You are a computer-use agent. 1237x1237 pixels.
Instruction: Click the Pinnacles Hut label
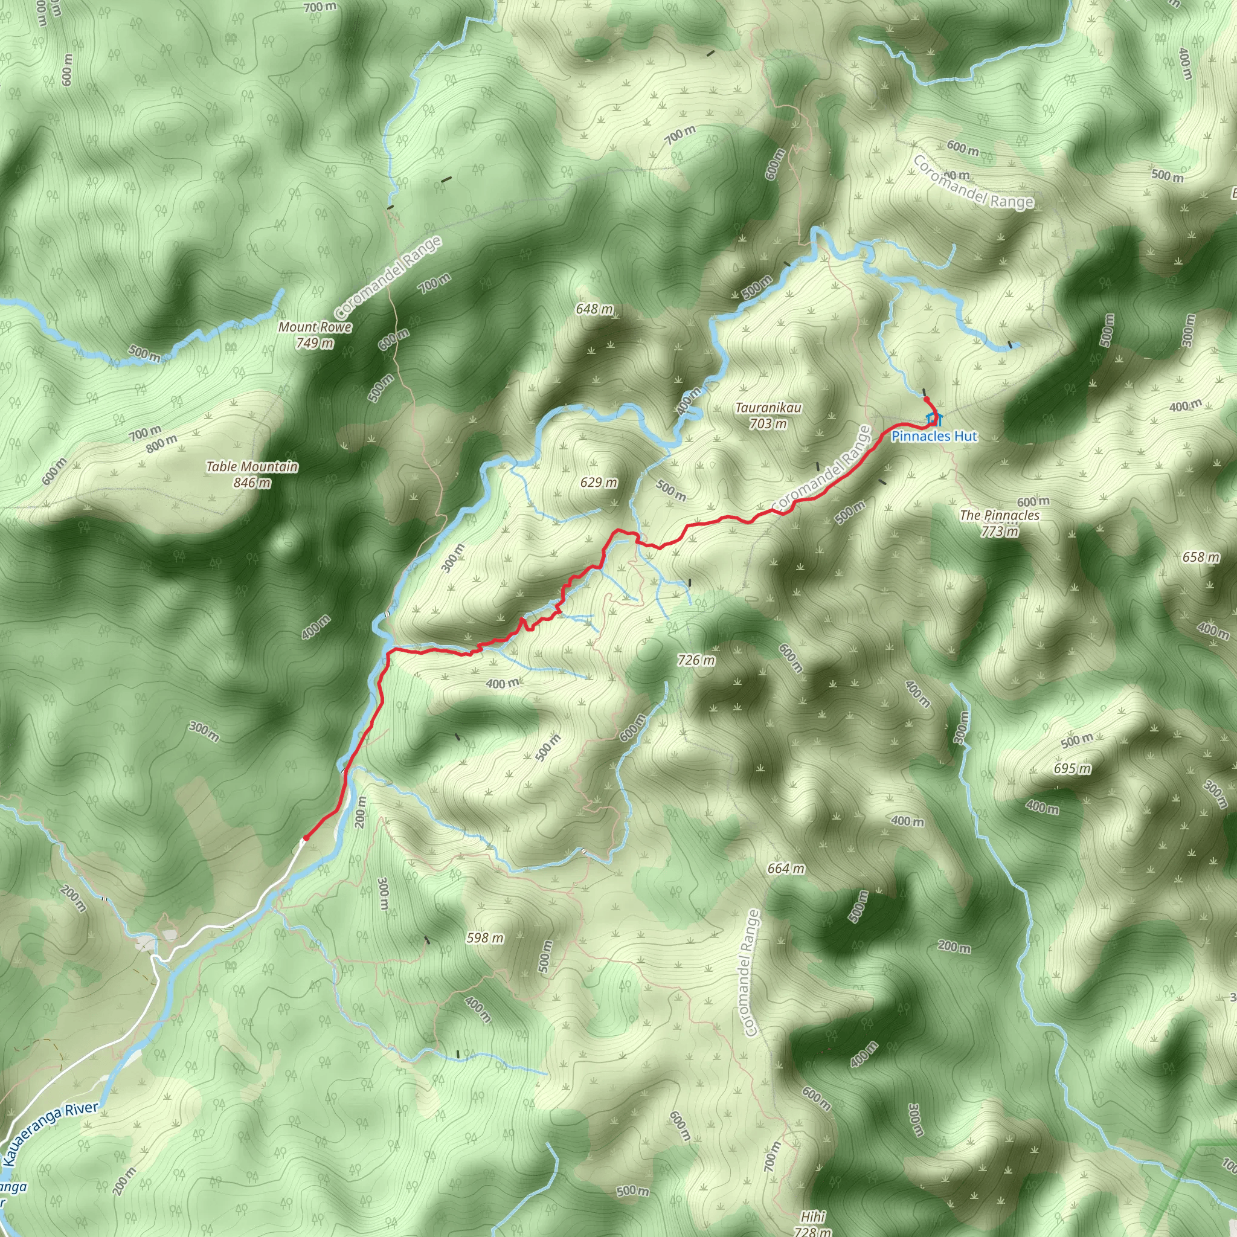(x=934, y=437)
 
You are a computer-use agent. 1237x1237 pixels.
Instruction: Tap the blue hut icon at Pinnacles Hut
(x=934, y=419)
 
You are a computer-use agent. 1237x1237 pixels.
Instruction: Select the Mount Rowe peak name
(x=315, y=327)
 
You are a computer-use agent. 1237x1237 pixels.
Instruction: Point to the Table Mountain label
(x=252, y=467)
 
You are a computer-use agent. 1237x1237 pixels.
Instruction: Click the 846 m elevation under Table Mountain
(x=252, y=483)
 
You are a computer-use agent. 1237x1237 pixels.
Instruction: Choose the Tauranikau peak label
(x=768, y=408)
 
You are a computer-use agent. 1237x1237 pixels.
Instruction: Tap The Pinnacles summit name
(x=1000, y=515)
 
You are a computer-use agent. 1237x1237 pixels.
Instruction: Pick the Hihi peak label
(x=812, y=1216)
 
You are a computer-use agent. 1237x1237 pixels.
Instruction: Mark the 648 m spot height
(x=594, y=309)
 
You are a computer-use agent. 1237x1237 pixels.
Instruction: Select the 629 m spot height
(x=599, y=482)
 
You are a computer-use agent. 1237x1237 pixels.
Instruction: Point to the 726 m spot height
(x=696, y=660)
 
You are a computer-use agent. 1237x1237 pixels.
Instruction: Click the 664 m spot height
(x=786, y=869)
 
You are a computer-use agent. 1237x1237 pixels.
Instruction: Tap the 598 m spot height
(x=484, y=938)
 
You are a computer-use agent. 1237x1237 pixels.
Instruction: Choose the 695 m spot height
(x=1073, y=768)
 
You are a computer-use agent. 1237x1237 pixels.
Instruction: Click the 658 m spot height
(x=1201, y=557)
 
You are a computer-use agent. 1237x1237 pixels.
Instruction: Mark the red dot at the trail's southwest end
(x=306, y=838)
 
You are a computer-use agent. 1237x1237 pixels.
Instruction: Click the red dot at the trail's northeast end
(x=927, y=399)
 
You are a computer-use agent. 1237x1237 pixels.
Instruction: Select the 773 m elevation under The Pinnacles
(x=1000, y=532)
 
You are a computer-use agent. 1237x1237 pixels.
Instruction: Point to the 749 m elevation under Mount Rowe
(x=315, y=343)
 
